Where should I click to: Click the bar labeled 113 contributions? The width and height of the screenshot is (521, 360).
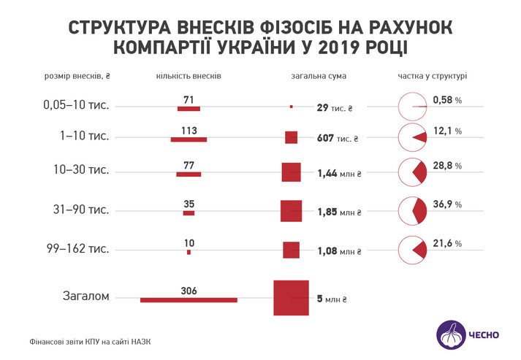(x=189, y=139)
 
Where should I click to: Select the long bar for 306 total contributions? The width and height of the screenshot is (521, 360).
(x=189, y=299)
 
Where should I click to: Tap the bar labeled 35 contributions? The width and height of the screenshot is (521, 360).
(x=189, y=213)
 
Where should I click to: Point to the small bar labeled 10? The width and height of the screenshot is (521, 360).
(x=189, y=252)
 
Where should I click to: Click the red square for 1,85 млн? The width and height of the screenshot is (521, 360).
(x=292, y=210)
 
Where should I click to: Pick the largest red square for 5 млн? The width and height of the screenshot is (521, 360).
(x=292, y=298)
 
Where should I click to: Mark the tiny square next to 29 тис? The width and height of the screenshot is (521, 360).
(x=292, y=107)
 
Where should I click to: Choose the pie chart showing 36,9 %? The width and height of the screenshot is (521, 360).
(x=412, y=210)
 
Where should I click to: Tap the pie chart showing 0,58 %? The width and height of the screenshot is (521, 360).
(x=412, y=107)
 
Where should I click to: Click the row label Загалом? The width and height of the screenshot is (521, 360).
(x=85, y=296)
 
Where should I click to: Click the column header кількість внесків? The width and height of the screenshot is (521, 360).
(x=189, y=76)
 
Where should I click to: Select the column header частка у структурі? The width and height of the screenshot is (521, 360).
(x=433, y=76)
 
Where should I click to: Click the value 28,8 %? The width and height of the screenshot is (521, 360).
(x=447, y=166)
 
